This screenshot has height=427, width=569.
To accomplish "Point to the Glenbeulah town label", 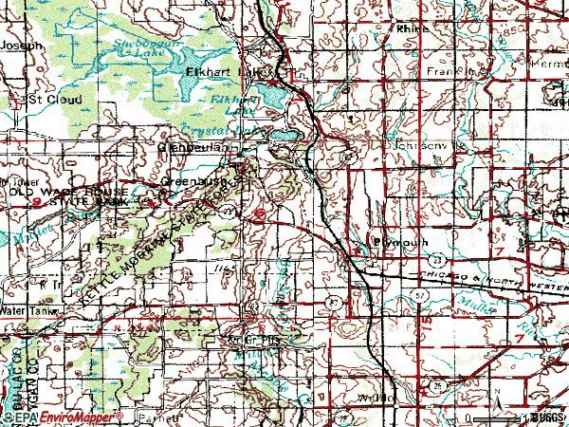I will click(x=199, y=149).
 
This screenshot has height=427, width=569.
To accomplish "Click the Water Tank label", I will click(x=25, y=310).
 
